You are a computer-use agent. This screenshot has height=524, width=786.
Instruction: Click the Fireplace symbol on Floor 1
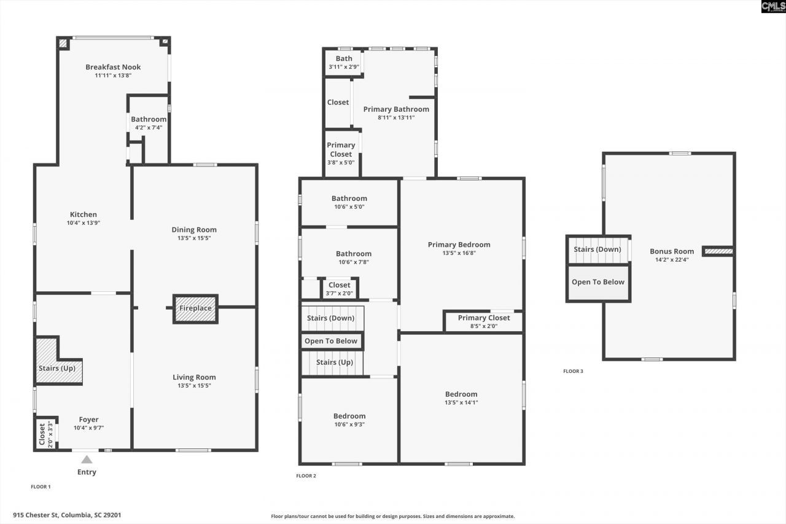click(x=195, y=308)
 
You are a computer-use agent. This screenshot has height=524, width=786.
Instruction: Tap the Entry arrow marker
click(x=87, y=459)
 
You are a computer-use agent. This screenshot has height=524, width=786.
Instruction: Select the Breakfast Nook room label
click(x=113, y=67)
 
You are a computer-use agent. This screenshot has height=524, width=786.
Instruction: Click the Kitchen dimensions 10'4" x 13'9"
click(x=83, y=223)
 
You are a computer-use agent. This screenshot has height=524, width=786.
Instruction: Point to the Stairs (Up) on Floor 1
click(x=57, y=368)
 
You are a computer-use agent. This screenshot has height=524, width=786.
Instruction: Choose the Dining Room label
click(x=194, y=230)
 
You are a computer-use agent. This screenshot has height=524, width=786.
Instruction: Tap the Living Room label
click(x=194, y=377)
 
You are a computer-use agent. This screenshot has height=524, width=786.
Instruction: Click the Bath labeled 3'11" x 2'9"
click(x=343, y=62)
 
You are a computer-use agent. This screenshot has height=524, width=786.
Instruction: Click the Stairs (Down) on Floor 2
click(x=331, y=318)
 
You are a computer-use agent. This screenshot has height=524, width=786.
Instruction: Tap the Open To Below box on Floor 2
click(x=331, y=341)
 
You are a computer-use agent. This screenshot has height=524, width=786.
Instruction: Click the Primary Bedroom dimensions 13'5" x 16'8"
click(x=459, y=252)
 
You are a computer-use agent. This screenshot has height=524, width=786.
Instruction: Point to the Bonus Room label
click(x=672, y=251)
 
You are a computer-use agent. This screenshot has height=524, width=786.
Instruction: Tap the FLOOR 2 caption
click(x=306, y=476)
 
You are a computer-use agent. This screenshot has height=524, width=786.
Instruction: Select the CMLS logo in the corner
click(x=773, y=7)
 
